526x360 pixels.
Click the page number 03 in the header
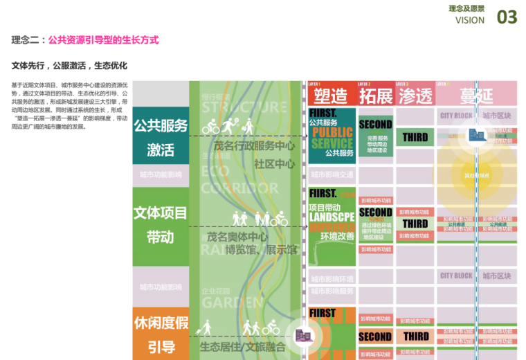[x=507, y=17]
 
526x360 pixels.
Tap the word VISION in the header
[x=470, y=20]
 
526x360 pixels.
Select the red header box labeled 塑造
[x=331, y=96]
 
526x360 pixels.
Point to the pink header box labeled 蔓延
[x=477, y=96]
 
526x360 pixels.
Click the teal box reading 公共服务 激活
[x=161, y=137]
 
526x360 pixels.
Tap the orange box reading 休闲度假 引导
[x=161, y=334]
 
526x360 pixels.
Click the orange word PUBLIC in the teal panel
[x=332, y=132]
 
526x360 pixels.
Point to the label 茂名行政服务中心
[x=254, y=146]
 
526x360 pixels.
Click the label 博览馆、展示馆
[x=248, y=249]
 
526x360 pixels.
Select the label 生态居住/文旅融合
[x=242, y=346]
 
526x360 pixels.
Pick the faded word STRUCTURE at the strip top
[x=243, y=107]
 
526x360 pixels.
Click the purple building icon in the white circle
[x=302, y=336]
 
